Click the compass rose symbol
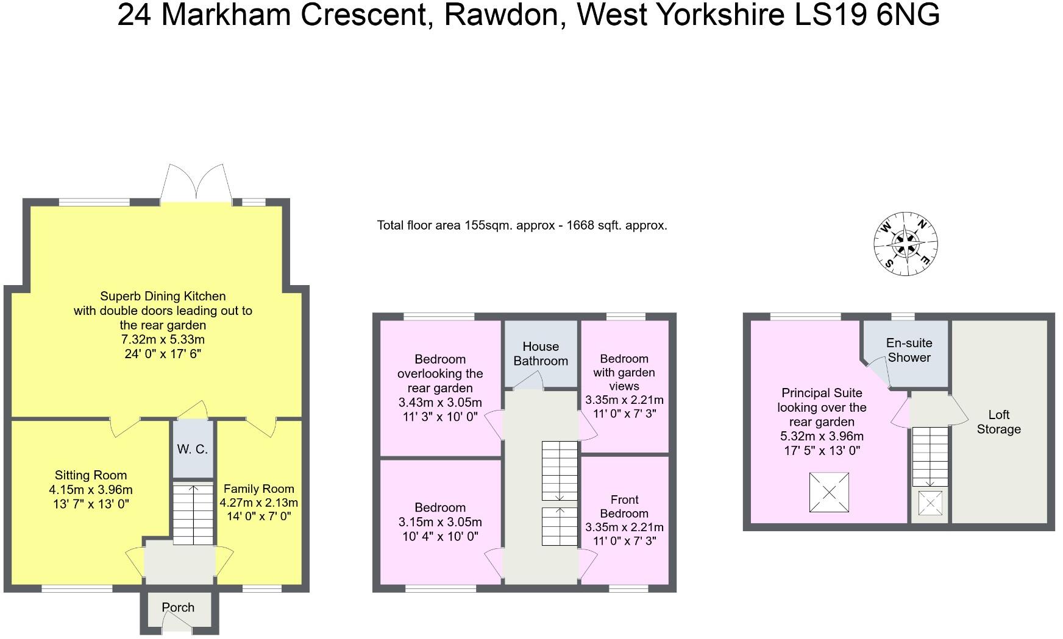(906, 244)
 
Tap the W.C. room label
(193, 450)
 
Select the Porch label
(178, 607)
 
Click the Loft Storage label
(998, 422)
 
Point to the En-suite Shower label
(909, 350)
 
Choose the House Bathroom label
(541, 353)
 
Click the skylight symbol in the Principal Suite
(829, 492)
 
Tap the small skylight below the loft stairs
(930, 503)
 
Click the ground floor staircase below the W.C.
(193, 514)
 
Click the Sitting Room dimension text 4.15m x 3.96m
(91, 490)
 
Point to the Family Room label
(259, 489)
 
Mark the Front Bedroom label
(624, 506)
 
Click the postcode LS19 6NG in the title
(867, 15)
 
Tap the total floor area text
(522, 225)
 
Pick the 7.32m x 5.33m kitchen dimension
(163, 339)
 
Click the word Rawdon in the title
(499, 15)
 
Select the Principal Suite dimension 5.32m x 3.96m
(822, 436)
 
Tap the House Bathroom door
(528, 382)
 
